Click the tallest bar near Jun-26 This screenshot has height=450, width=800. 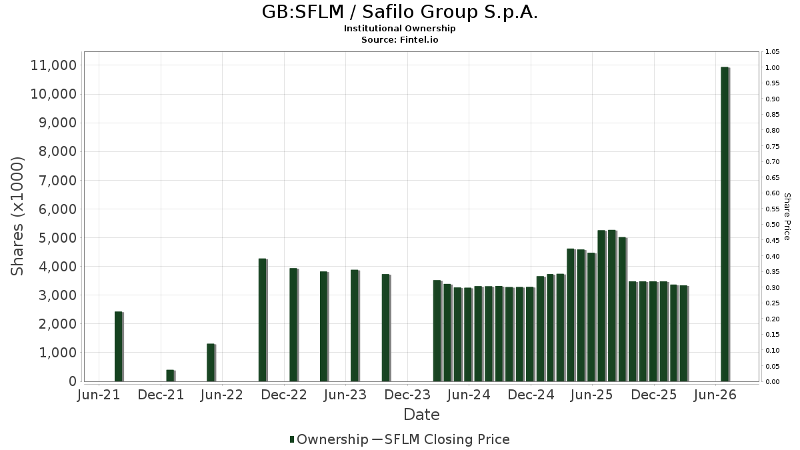click(x=725, y=224)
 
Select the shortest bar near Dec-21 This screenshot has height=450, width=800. click(x=171, y=376)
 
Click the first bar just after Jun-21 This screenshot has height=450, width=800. click(x=119, y=347)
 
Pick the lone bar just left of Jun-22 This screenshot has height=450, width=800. click(x=211, y=363)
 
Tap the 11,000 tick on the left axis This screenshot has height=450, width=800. click(x=54, y=65)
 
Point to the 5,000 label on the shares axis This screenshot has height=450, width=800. click(x=58, y=238)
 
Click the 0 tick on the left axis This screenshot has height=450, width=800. click(x=73, y=381)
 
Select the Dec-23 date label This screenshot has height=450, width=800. click(x=407, y=395)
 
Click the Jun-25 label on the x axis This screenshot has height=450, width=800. click(x=592, y=395)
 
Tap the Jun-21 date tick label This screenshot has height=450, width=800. click(x=99, y=395)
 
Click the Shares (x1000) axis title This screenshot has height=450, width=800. click(x=17, y=217)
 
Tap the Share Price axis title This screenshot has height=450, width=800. click(x=787, y=217)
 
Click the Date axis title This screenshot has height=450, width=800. click(x=421, y=415)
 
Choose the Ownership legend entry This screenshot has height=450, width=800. click(x=329, y=439)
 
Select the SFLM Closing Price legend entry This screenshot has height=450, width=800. click(x=441, y=439)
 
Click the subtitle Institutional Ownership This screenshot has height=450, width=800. click(x=399, y=29)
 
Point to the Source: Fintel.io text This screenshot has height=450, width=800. click(x=399, y=39)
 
